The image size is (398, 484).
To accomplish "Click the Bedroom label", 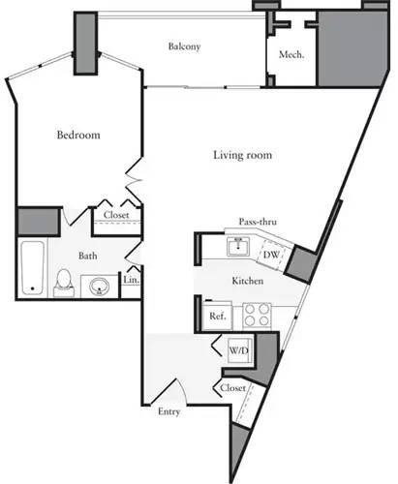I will [78, 136].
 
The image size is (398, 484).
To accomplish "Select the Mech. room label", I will [291, 55].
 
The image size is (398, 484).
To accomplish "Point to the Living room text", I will [242, 155].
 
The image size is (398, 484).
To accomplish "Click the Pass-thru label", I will [258, 223].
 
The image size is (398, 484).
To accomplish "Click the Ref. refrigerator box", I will [217, 316].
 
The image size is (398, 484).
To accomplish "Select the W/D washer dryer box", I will [238, 349].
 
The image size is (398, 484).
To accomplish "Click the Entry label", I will [169, 412].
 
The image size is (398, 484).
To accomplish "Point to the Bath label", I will [88, 257].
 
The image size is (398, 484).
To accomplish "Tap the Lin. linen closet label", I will [131, 281].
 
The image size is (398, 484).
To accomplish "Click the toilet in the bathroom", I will [64, 282].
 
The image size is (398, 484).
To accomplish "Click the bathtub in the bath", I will [31, 267].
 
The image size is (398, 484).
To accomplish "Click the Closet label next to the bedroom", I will [116, 216].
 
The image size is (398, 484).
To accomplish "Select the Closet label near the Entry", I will [232, 388].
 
